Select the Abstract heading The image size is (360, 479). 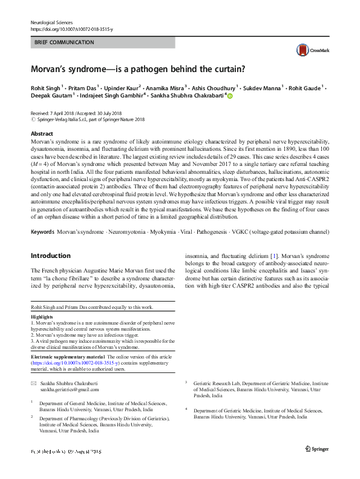pos(42,134)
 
